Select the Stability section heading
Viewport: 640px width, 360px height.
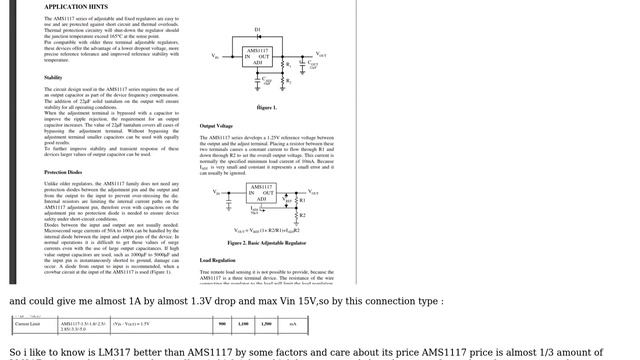coord(53,77)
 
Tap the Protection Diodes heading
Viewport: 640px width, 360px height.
coord(63,172)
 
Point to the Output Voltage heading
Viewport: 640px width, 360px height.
coord(216,125)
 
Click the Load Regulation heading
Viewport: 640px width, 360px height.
coord(217,260)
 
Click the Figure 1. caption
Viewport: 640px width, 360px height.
coord(267,107)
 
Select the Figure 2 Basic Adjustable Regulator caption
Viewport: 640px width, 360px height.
coord(267,242)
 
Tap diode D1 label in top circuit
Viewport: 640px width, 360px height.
coord(257,30)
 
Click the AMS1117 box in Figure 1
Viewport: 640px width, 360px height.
coord(257,56)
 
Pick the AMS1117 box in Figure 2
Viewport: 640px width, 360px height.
coord(261,193)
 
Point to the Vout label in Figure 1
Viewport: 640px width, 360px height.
coord(320,55)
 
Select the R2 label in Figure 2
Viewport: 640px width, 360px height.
coord(302,215)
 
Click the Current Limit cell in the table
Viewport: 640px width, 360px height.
coord(28,324)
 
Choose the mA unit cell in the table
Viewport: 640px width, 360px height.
coord(292,324)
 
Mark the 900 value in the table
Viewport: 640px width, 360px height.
coord(222,324)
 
